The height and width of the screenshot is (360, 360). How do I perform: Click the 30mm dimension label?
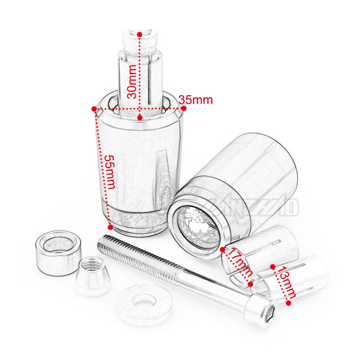(132, 81)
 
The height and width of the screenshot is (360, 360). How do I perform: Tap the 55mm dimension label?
(110, 172)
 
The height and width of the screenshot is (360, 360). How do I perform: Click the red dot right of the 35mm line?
(184, 108)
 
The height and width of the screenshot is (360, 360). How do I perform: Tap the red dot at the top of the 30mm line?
(139, 33)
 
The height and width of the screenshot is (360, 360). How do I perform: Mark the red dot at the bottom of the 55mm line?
(110, 227)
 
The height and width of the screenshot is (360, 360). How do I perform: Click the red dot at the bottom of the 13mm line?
(288, 303)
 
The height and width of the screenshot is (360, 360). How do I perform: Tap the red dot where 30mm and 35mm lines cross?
(140, 117)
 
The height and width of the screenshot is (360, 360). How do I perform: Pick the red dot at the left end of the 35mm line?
(94, 108)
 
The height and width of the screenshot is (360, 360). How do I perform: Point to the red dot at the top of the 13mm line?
(273, 267)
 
